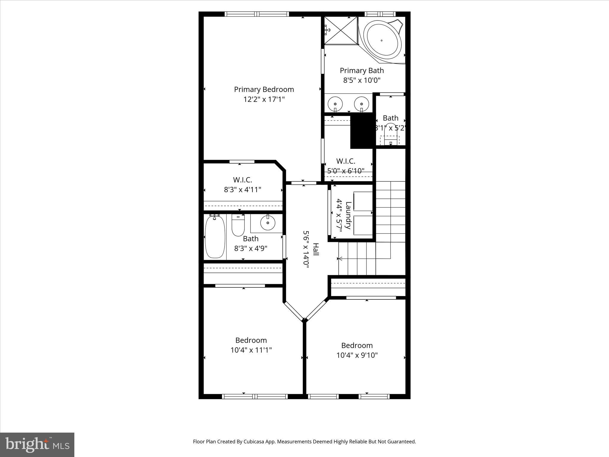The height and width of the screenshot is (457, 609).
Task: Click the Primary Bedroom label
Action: click(264, 90)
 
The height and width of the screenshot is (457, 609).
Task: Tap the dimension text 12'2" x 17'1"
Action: click(264, 99)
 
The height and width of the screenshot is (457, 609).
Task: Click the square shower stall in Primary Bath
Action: click(341, 30)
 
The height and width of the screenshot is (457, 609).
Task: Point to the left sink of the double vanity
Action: click(335, 104)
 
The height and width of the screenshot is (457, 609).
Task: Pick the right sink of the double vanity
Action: click(361, 104)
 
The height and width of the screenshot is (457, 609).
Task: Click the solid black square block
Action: click(362, 131)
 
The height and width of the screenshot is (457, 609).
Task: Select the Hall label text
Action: click(316, 249)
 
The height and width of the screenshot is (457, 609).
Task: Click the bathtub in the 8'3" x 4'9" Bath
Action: click(215, 237)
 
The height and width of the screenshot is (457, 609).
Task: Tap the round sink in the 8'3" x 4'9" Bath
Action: click(268, 223)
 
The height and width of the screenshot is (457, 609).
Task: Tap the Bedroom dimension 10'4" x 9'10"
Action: click(357, 355)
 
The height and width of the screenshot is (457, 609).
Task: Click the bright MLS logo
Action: click(37, 445)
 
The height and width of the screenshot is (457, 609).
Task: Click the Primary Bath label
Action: click(362, 71)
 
